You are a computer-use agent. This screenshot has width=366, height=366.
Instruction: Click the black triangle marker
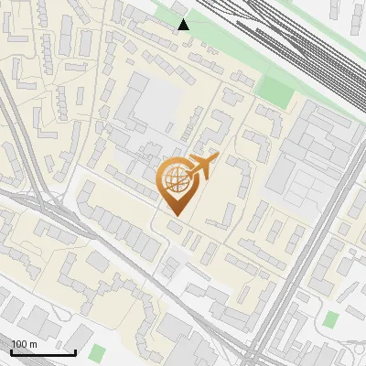pyautogui.click(x=184, y=25)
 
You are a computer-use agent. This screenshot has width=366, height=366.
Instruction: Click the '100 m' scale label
pyautogui.click(x=24, y=344)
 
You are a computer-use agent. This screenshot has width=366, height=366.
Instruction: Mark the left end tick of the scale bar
pyautogui.click(x=11, y=352)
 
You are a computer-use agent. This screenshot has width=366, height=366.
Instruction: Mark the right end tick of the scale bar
pyautogui.click(x=76, y=352)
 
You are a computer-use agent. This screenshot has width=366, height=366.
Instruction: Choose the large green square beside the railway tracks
pyautogui.click(x=274, y=89)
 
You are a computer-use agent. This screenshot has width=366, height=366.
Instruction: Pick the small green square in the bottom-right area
pyautogui.click(x=330, y=319)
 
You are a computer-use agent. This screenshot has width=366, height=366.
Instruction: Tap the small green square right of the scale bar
pyautogui.click(x=98, y=351)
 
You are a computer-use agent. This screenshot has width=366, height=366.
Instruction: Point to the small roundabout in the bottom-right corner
pyautogui.click(x=352, y=352)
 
